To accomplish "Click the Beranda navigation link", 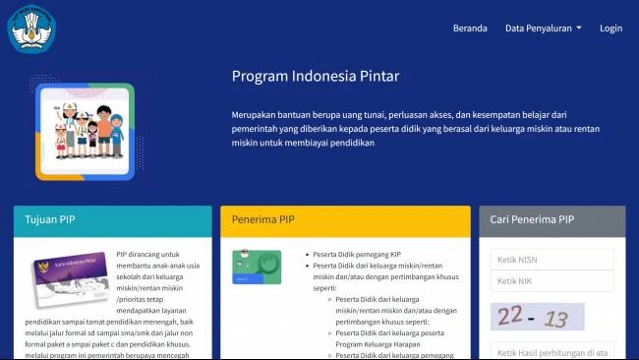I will [x=470, y=29].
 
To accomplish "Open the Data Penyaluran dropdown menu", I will [x=543, y=29].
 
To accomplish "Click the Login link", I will [x=610, y=29].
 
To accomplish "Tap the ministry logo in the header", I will [x=33, y=28].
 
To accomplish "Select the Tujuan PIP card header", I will [x=112, y=220].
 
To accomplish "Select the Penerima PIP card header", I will [x=345, y=220].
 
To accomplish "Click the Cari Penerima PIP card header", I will [x=552, y=220].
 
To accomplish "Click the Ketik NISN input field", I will [x=552, y=259].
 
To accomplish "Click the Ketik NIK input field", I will [x=552, y=281].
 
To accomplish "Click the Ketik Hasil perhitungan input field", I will [x=552, y=352].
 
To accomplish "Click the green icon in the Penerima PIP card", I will [x=257, y=267].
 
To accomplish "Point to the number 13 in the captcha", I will [x=556, y=319].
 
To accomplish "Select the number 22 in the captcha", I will [x=510, y=315].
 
